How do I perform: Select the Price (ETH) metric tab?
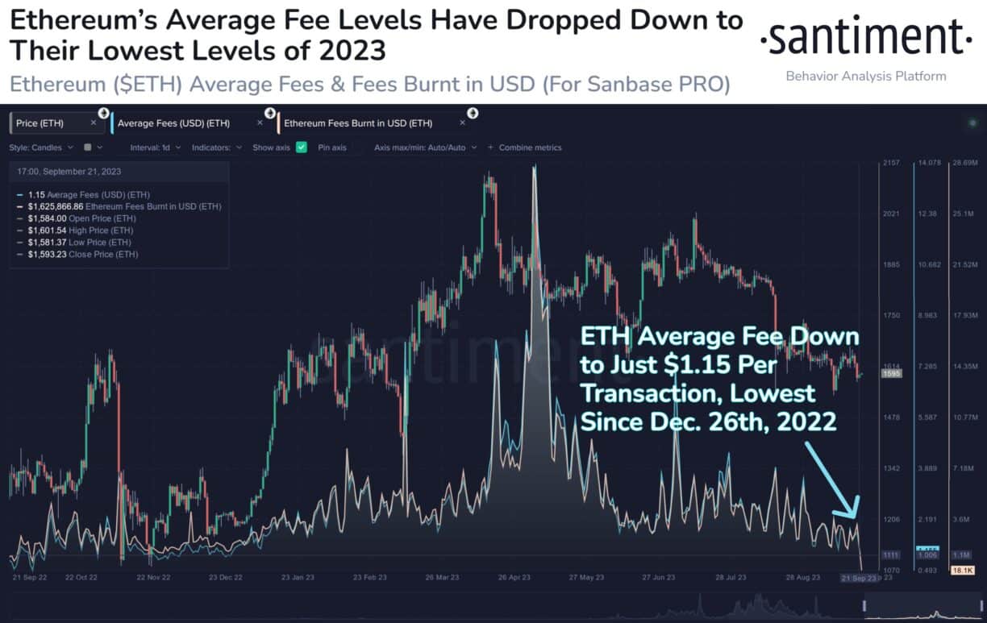click(x=41, y=123)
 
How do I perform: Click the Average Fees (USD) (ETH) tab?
click(x=173, y=123)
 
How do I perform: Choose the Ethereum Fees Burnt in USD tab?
click(x=358, y=123)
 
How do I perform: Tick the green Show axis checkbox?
click(x=302, y=147)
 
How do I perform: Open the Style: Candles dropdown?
click(x=41, y=147)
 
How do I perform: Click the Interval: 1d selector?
click(x=152, y=147)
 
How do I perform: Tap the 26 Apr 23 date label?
click(x=514, y=578)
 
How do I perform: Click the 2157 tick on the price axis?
click(x=891, y=164)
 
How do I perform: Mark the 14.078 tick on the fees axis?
click(x=929, y=164)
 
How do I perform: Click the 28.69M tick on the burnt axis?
click(x=965, y=164)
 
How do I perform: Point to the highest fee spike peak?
click(x=534, y=168)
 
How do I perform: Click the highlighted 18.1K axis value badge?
click(x=964, y=570)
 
